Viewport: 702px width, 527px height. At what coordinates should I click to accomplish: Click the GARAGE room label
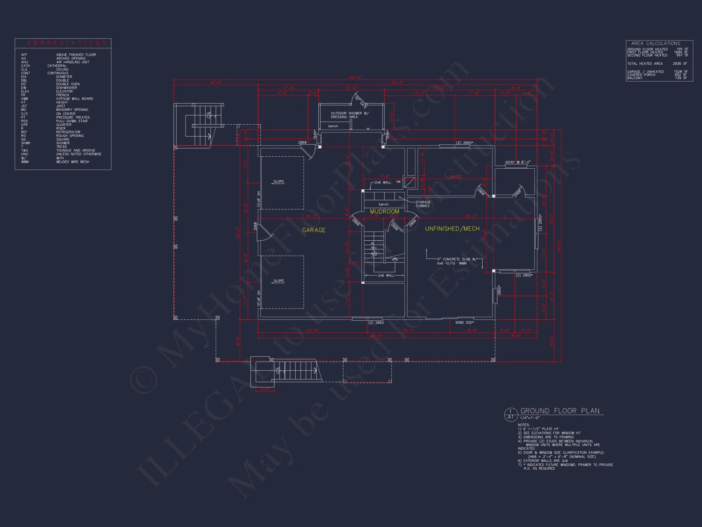pos(314,230)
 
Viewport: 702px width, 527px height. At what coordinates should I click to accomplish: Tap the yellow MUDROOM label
pos(384,212)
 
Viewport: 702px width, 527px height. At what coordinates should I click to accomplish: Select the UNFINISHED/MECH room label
pos(452,229)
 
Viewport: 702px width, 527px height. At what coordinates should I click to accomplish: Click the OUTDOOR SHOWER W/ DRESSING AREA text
pos(349,115)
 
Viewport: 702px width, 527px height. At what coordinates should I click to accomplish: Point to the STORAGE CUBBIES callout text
pos(423,204)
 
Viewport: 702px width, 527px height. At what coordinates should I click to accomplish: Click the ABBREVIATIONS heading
pos(67,43)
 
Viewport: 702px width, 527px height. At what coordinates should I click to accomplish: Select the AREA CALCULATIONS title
pos(655,43)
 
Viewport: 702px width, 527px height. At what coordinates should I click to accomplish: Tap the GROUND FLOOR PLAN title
pos(560,411)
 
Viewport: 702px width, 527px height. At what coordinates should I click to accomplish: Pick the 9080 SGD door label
pos(464,323)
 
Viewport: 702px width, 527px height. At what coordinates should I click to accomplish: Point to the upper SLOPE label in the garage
pos(279,182)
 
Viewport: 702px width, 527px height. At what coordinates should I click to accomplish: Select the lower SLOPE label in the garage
pos(279,281)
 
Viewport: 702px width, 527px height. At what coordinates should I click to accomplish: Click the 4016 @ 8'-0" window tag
pos(517,162)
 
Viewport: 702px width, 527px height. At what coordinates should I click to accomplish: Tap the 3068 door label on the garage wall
pos(255,226)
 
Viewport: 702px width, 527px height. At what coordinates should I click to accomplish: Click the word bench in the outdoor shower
pos(333,126)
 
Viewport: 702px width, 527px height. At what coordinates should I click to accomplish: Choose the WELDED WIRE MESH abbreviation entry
pos(73,162)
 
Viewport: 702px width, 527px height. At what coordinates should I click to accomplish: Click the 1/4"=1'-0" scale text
pos(530,418)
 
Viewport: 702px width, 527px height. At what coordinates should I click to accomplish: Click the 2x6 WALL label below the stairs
pos(386,275)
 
